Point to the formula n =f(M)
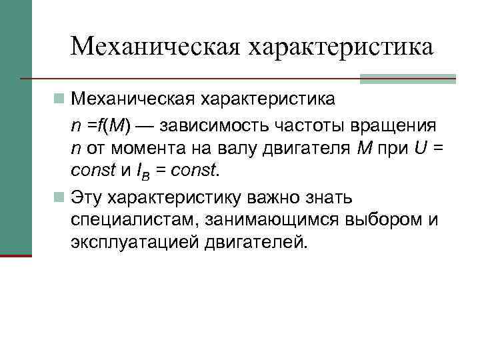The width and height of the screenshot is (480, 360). (x=103, y=125)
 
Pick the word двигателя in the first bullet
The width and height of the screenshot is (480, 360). (x=307, y=149)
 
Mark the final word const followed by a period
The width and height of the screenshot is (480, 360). (x=194, y=172)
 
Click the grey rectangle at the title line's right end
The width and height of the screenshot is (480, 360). (x=407, y=79)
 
